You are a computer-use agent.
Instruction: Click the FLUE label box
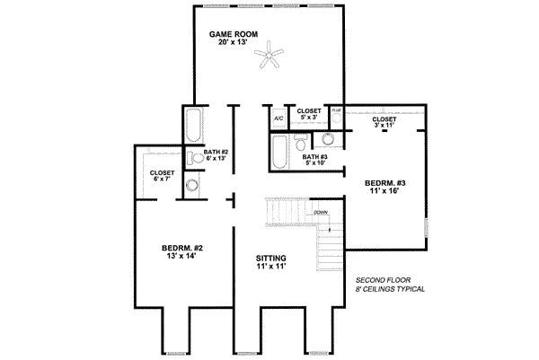click(x=336, y=111)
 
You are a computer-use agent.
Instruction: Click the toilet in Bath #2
click(x=192, y=157)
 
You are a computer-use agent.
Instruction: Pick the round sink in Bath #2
click(x=192, y=185)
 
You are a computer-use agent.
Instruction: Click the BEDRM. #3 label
click(x=386, y=186)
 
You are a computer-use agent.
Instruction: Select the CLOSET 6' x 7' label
click(x=162, y=176)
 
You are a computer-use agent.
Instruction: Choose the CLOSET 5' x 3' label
click(x=310, y=113)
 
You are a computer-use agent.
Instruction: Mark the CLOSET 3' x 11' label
click(x=384, y=122)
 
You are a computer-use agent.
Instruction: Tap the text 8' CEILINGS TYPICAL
click(x=390, y=291)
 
